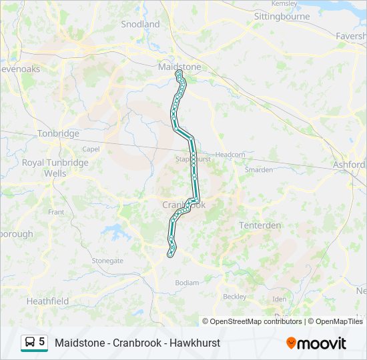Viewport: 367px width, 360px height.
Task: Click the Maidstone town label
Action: [x=179, y=67]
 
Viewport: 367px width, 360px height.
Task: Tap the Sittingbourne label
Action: [x=282, y=16]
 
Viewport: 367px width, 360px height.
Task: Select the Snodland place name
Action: [x=140, y=24]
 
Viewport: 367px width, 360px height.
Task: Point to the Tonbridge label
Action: [x=58, y=133]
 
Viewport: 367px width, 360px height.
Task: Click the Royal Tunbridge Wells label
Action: [x=55, y=168]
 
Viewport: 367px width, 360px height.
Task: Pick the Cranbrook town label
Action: [x=183, y=205]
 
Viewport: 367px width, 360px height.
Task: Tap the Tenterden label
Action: [x=260, y=225]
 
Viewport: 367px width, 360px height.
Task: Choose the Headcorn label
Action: [x=230, y=154]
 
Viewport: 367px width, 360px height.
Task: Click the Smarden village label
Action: [x=258, y=169]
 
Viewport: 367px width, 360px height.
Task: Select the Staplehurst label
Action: [x=192, y=159]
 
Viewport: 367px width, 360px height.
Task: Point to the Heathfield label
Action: [x=47, y=301]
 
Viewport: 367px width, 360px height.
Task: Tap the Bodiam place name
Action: [x=186, y=283]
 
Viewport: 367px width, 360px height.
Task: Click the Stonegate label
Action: [x=107, y=261]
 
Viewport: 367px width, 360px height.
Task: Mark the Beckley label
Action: [x=234, y=296]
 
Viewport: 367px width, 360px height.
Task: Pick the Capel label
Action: [x=91, y=149]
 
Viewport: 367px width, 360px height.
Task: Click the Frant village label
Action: [x=56, y=211]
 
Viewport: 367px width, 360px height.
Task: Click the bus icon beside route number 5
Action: [x=29, y=343]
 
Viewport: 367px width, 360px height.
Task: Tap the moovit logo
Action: [x=316, y=343]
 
